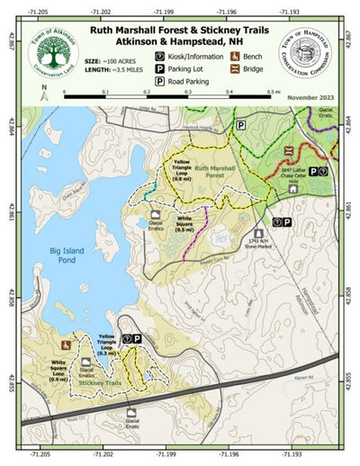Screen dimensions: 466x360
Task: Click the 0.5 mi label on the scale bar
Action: point(268,91)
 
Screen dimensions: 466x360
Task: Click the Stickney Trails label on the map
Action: point(101,382)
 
